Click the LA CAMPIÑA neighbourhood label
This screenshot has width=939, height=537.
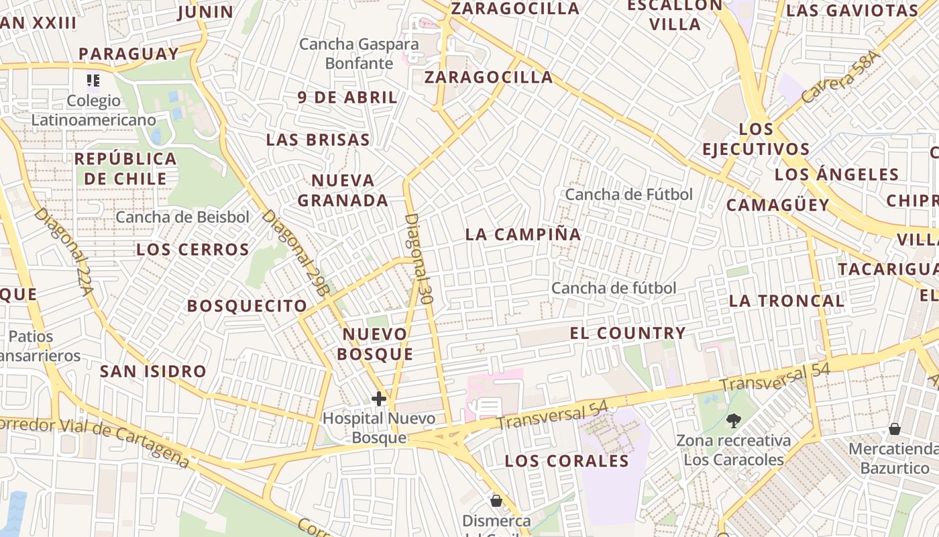(523, 234)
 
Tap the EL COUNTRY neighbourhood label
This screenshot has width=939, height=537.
(627, 333)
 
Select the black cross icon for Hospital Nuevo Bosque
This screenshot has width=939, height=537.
(379, 399)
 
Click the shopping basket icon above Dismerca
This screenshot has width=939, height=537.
(496, 501)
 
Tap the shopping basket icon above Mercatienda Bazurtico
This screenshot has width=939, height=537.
(895, 428)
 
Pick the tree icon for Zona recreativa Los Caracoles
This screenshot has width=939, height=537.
(734, 421)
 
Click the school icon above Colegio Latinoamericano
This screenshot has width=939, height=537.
(93, 81)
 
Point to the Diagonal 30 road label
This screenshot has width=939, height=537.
(418, 259)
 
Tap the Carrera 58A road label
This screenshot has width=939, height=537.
(839, 79)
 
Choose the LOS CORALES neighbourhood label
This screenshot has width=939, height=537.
(567, 461)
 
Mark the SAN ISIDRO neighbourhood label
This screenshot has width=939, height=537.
(153, 371)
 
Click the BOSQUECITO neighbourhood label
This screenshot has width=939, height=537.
(247, 306)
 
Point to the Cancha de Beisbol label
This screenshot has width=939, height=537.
(182, 217)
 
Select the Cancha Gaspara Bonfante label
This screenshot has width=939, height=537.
(359, 54)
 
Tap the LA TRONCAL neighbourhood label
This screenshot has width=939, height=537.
(786, 301)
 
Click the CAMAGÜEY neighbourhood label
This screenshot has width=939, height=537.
(777, 205)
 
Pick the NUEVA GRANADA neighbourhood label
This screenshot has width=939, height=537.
(343, 190)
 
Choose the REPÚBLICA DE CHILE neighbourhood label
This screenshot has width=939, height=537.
(125, 168)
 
